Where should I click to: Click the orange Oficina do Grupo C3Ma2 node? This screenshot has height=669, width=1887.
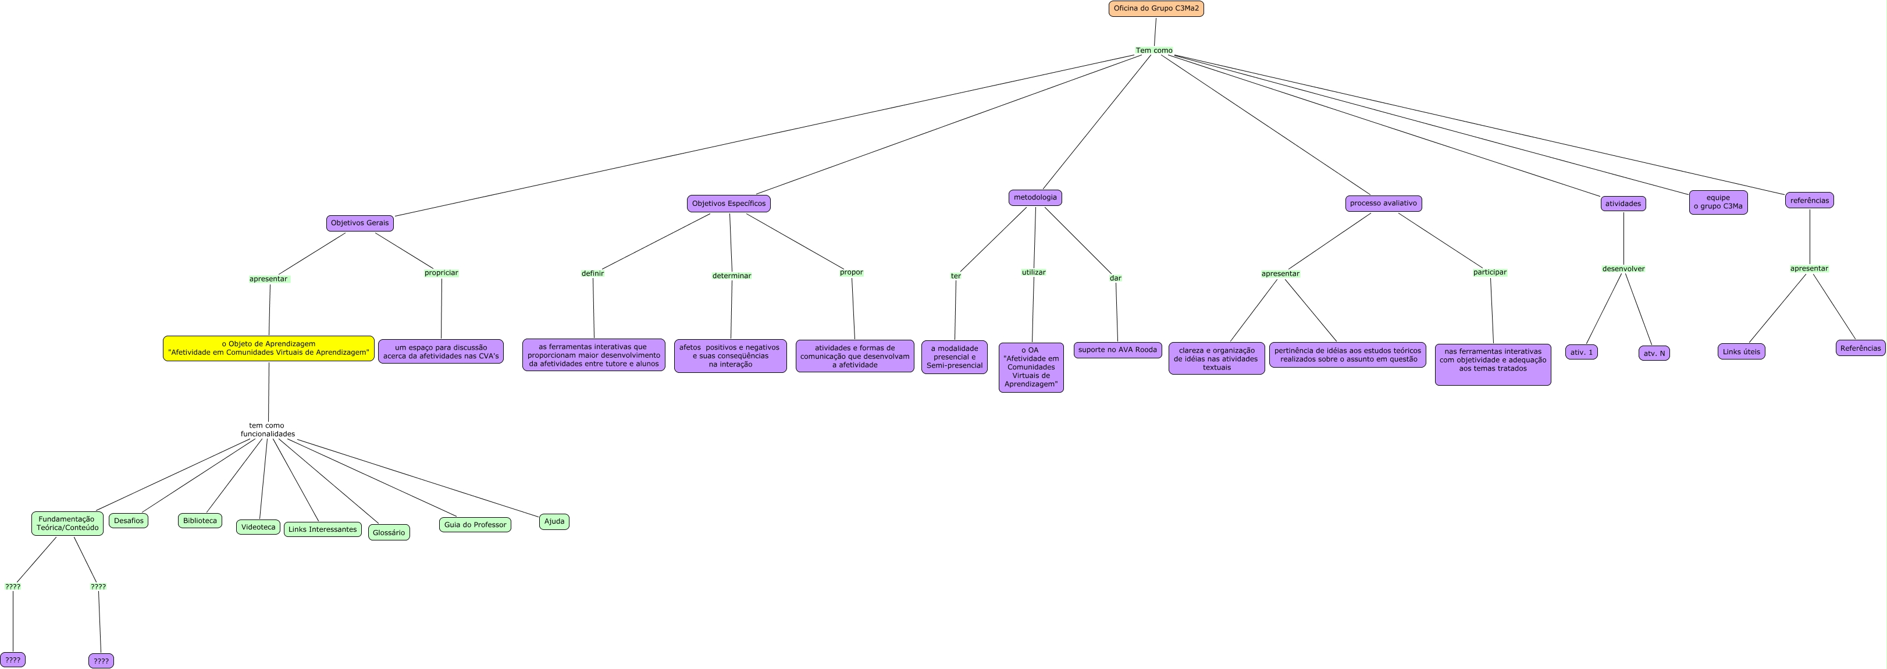click(1156, 9)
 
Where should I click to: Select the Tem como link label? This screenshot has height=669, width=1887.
click(1153, 51)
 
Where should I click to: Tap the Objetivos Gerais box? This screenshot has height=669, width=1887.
click(359, 223)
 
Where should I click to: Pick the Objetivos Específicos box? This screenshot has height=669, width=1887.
click(728, 204)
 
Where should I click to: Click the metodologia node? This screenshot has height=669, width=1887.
click(1035, 198)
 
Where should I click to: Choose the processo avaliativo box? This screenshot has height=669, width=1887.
click(1383, 203)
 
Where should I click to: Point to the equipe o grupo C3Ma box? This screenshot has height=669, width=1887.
click(1718, 202)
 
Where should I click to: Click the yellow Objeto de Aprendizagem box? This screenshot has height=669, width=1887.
click(268, 348)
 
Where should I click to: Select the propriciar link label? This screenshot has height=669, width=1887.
click(441, 273)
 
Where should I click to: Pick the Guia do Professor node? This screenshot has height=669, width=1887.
click(475, 525)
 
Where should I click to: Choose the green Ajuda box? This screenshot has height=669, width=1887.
click(554, 522)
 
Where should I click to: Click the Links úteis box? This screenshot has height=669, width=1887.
click(1741, 352)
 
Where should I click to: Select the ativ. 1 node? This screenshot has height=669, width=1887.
click(1582, 353)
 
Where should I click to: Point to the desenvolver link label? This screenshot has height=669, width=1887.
click(1623, 269)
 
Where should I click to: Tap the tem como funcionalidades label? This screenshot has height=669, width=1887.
click(268, 430)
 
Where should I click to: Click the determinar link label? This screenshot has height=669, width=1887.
click(731, 276)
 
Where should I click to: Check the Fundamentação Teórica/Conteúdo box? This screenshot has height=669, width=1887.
click(67, 523)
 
